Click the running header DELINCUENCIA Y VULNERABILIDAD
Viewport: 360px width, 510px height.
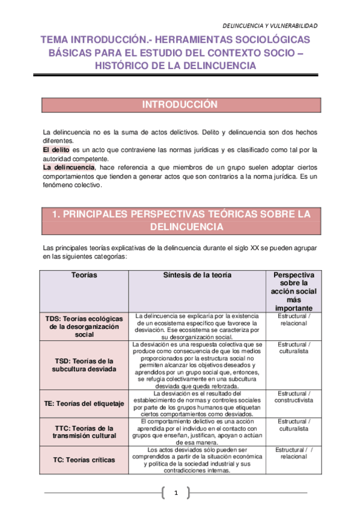pos(270,25)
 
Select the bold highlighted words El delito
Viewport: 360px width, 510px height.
pos(56,149)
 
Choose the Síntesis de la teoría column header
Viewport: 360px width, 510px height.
pos(197,275)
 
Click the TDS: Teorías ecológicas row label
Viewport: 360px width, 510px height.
pos(84,326)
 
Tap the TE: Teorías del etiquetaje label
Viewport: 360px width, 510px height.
pos(84,404)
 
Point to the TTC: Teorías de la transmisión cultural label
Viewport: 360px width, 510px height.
pos(84,431)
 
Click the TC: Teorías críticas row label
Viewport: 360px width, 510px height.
pos(79,459)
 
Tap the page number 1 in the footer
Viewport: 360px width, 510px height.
pos(177,494)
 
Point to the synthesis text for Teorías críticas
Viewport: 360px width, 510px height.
pos(197,460)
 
